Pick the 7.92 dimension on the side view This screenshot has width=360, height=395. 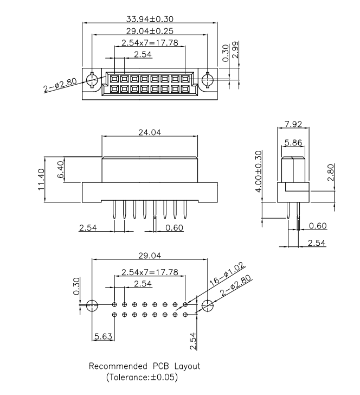(x=293, y=125)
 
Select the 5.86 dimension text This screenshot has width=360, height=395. (x=293, y=143)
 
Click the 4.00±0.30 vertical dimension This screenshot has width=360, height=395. (x=259, y=171)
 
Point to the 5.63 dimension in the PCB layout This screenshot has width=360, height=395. (x=102, y=336)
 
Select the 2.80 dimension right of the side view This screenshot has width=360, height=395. (x=331, y=175)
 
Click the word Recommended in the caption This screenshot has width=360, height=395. (x=115, y=366)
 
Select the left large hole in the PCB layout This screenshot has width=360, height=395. (x=92, y=305)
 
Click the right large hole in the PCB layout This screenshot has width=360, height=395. (x=207, y=305)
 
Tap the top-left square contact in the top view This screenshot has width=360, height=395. (x=114, y=79)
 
